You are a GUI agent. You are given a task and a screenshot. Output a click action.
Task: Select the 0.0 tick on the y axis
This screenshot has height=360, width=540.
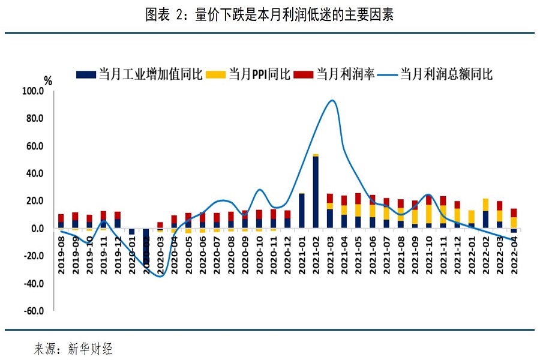[x=37, y=229]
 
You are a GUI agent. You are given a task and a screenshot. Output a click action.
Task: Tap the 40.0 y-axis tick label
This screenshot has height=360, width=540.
[x=35, y=173]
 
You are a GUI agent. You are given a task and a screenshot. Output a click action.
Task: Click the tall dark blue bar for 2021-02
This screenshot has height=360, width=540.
[x=316, y=192]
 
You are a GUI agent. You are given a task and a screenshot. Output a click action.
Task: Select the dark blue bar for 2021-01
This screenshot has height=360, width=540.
[x=301, y=211]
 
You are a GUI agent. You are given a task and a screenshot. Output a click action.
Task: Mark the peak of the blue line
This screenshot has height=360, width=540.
[x=332, y=100]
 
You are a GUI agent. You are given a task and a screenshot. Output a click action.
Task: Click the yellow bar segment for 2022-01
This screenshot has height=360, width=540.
[x=472, y=217]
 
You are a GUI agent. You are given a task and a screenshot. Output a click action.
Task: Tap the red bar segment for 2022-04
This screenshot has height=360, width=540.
[x=514, y=212]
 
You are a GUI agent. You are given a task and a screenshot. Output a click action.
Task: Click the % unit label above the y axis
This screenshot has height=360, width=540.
[x=49, y=80]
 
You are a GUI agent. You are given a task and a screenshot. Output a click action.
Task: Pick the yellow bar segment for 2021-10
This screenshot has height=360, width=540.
[x=429, y=214]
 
